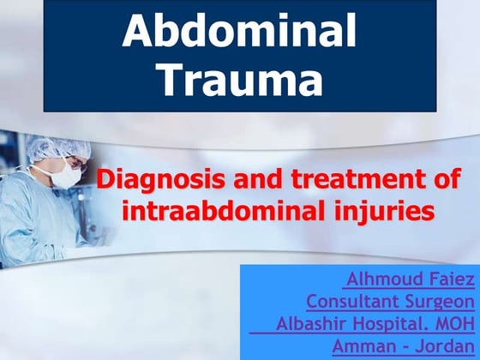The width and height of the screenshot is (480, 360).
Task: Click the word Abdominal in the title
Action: pyautogui.click(x=239, y=32)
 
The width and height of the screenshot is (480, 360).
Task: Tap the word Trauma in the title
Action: pyautogui.click(x=243, y=81)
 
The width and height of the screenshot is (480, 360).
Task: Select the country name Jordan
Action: pyautogui.click(x=445, y=346)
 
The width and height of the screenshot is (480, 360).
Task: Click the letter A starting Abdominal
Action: pyautogui.click(x=140, y=32)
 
